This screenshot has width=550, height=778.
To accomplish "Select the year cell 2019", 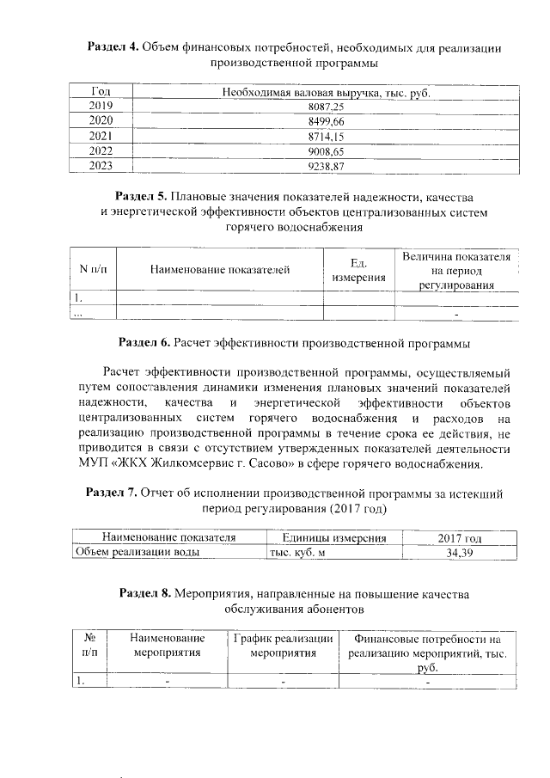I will pyautogui.click(x=101, y=105).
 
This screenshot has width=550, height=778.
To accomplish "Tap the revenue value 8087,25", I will pyautogui.click(x=325, y=105).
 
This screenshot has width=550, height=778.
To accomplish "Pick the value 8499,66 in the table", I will pyautogui.click(x=325, y=120).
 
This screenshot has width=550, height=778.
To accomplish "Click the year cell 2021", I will pyautogui.click(x=101, y=136).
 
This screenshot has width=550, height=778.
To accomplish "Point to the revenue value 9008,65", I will pyautogui.click(x=325, y=150).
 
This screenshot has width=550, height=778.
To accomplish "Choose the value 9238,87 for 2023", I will pyautogui.click(x=325, y=166).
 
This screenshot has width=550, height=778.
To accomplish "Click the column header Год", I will pyautogui.click(x=101, y=90).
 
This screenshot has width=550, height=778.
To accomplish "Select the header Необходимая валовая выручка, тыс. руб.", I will pyautogui.click(x=325, y=90).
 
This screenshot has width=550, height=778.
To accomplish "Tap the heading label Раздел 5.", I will pyautogui.click(x=144, y=198).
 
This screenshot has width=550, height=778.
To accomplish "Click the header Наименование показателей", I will pyautogui.click(x=219, y=270).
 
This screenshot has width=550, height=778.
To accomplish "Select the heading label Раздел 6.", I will pyautogui.click(x=144, y=343).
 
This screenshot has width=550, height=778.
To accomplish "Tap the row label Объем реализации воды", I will pyautogui.click(x=138, y=553).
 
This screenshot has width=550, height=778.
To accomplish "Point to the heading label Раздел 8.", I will pyautogui.click(x=147, y=593).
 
